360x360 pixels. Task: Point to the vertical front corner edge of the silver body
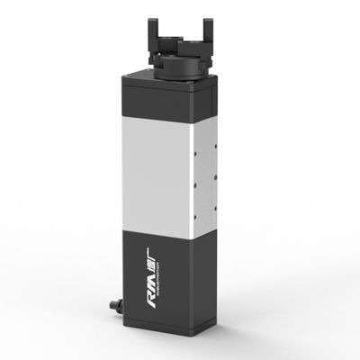click(187, 180)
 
